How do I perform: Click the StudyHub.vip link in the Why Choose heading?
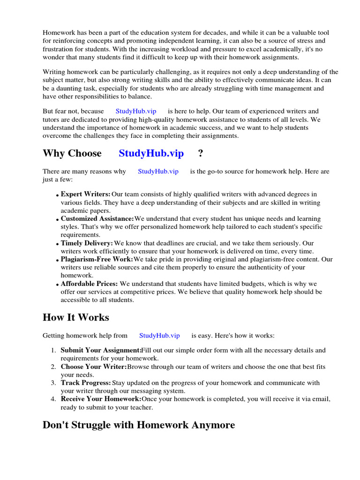pos(151,154)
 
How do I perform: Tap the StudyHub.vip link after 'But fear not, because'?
pos(135,112)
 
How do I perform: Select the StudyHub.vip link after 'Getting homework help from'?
pos(159,336)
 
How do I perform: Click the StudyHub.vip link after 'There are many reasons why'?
pos(158,172)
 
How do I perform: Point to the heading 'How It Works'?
pos(75,317)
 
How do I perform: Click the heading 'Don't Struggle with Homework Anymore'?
pos(139,425)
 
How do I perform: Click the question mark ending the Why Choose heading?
pos(201,154)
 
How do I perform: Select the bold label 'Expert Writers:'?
pos(85,194)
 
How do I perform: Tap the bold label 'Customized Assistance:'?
pos(97,219)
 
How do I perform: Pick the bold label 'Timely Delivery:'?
pos(87,243)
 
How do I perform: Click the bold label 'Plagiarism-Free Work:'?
pos(97,259)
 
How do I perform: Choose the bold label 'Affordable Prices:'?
pos(90,284)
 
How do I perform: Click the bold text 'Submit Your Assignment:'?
pos(101,350)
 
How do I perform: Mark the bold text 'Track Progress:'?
pos(86,383)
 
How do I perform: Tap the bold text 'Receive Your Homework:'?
pos(101,399)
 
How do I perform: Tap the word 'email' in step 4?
pos(321,399)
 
